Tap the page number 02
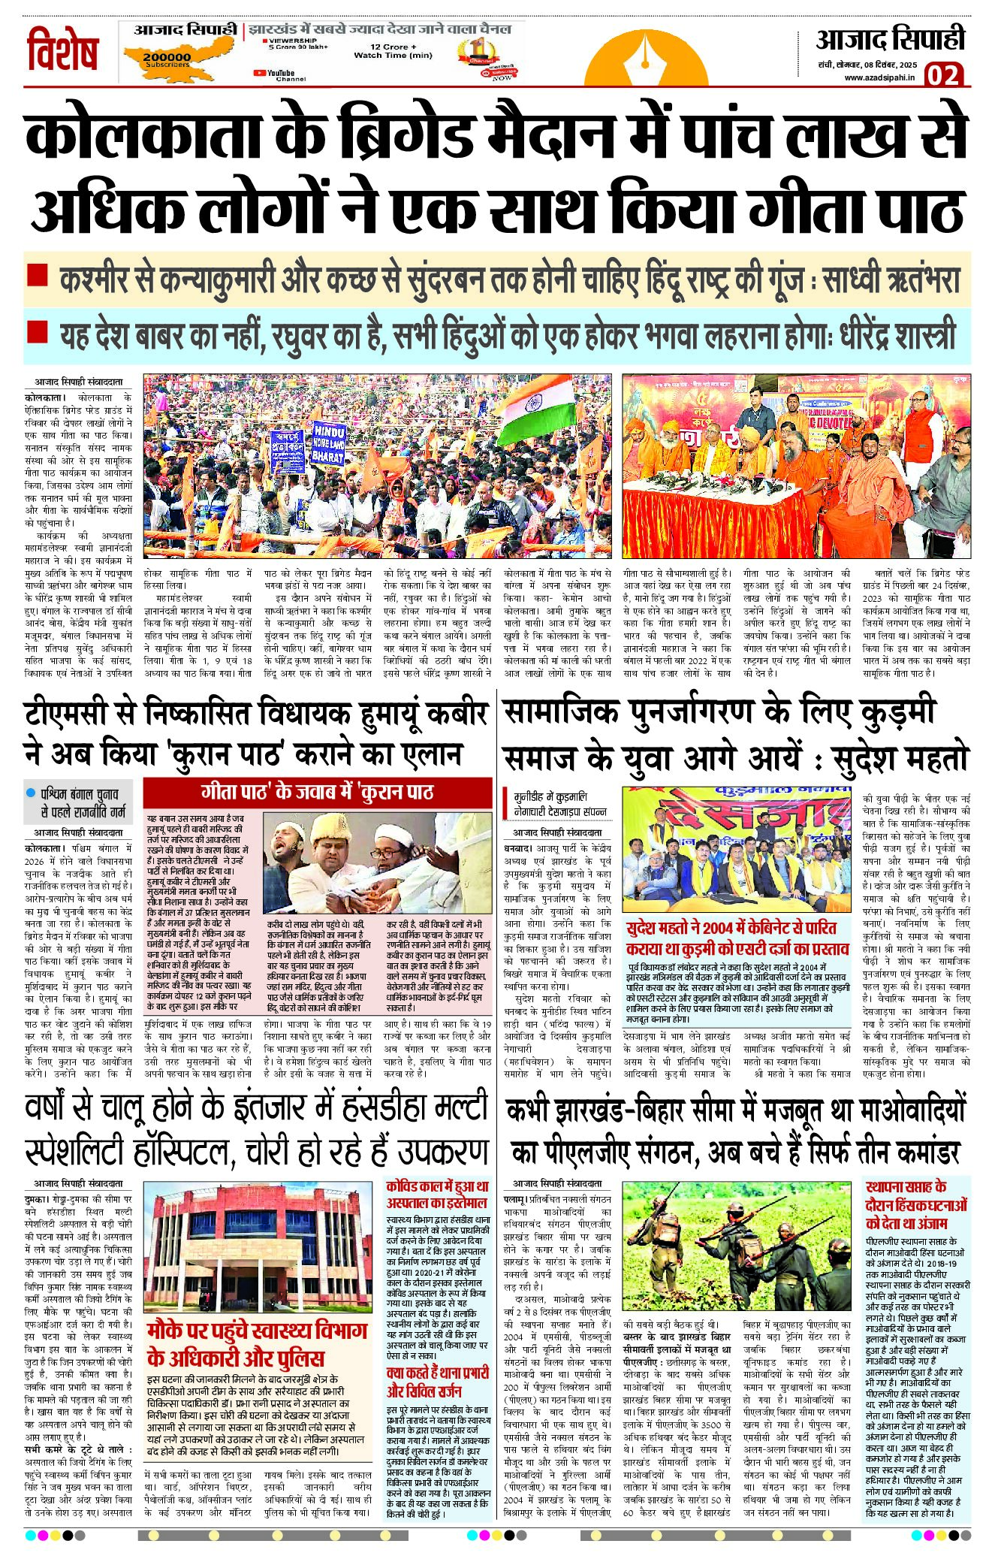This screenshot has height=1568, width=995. click(943, 75)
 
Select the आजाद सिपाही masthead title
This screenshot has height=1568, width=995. click(890, 39)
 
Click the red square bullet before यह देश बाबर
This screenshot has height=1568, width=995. click(38, 331)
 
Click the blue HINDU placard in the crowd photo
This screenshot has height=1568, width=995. click(327, 443)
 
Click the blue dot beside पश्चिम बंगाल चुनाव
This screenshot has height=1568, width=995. click(31, 793)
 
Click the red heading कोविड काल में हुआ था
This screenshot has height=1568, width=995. click(437, 1187)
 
